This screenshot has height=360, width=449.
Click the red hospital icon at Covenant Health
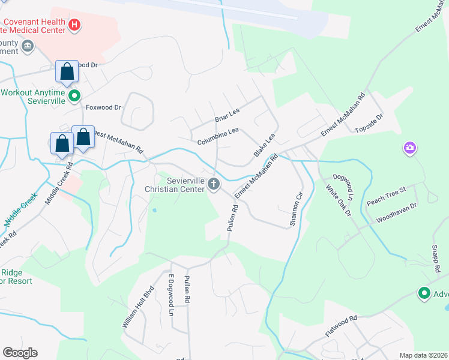pyautogui.click(x=74, y=25)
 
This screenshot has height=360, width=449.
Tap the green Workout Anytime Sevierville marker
pyautogui.click(x=74, y=95)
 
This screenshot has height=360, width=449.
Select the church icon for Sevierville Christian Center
pyautogui.click(x=214, y=188)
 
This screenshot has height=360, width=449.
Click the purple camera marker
pyautogui.click(x=410, y=148)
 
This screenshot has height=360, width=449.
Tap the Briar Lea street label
pyautogui.click(x=228, y=115)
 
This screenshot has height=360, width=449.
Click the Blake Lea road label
pyautogui.click(x=264, y=145)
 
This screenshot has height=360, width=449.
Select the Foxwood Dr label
pyautogui.click(x=103, y=107)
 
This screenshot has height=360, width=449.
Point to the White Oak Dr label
pyautogui.click(x=337, y=201)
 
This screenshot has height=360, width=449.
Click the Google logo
pyautogui.click(x=20, y=353)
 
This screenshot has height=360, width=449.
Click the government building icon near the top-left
pyautogui.click(x=28, y=46)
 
